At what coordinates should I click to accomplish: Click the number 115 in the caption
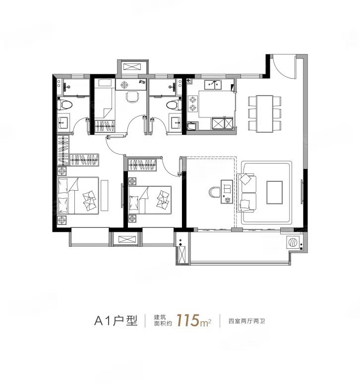click(187, 320)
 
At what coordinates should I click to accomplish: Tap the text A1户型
click(116, 321)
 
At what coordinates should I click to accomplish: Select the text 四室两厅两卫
click(247, 321)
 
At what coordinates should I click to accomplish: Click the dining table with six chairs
click(264, 113)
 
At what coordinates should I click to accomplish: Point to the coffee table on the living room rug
click(275, 192)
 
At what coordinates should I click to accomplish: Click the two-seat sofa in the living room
click(246, 192)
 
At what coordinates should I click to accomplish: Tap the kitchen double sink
click(213, 85)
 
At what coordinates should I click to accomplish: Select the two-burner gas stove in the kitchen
click(193, 104)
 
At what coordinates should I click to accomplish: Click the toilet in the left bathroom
click(65, 105)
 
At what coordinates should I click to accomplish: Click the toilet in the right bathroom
click(174, 105)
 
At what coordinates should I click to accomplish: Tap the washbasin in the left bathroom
click(63, 122)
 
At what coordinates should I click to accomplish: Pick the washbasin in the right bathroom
click(176, 122)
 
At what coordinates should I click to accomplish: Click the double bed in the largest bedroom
click(78, 195)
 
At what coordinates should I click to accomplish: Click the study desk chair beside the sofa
click(215, 192)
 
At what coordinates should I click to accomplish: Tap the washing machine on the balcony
click(293, 242)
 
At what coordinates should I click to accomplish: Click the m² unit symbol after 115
click(205, 323)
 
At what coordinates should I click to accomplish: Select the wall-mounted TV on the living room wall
click(302, 192)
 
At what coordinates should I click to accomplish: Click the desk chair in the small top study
click(132, 97)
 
